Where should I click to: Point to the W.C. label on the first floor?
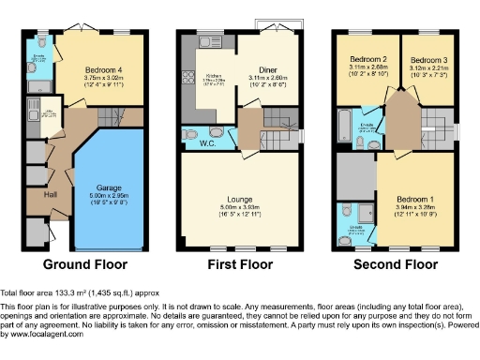coord(212,143)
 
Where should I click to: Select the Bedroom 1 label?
coord(412,199)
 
